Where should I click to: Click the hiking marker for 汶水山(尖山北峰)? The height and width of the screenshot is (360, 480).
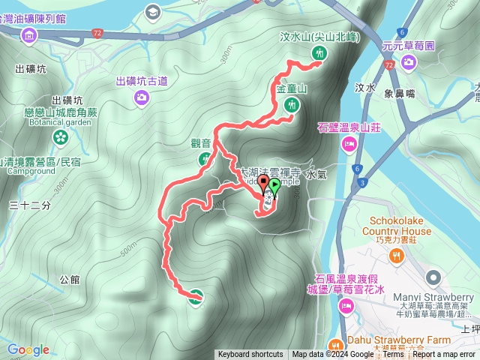(x=320, y=52)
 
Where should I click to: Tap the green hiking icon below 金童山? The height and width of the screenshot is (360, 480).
(x=291, y=105)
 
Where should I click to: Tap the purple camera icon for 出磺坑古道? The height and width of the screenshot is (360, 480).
(x=141, y=96)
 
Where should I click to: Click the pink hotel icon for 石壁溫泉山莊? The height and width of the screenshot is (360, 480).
(x=349, y=143)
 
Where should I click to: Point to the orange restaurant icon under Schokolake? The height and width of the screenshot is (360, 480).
(x=400, y=254)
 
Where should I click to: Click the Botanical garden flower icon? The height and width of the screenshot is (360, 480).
(x=59, y=136)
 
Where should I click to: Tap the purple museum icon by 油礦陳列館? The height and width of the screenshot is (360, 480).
(x=29, y=34)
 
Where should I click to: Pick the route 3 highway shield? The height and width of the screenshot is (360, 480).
(x=363, y=182)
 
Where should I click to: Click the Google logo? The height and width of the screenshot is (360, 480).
(x=28, y=349)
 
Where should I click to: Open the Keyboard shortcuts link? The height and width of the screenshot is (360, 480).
(x=251, y=355)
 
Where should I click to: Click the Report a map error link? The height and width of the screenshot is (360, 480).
(x=445, y=355)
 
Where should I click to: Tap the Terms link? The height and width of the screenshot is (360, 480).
(x=393, y=355)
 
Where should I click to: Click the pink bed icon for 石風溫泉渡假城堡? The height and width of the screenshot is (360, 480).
(x=346, y=304)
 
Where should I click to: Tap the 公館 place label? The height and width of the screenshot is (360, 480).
(x=69, y=280)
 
